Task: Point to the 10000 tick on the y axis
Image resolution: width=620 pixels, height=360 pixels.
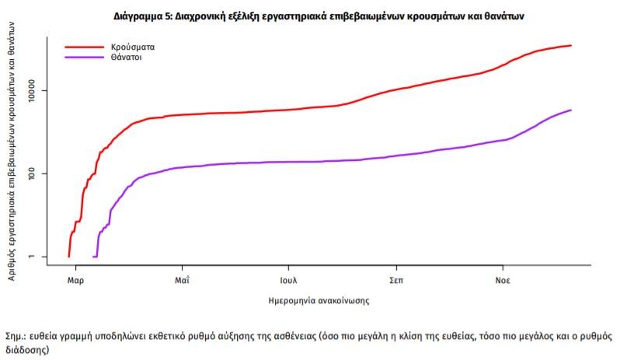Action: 37,90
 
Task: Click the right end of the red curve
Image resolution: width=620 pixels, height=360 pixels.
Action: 571,45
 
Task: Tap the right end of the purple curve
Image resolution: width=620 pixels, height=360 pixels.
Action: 571,110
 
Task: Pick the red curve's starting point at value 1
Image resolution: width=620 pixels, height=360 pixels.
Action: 69,256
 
